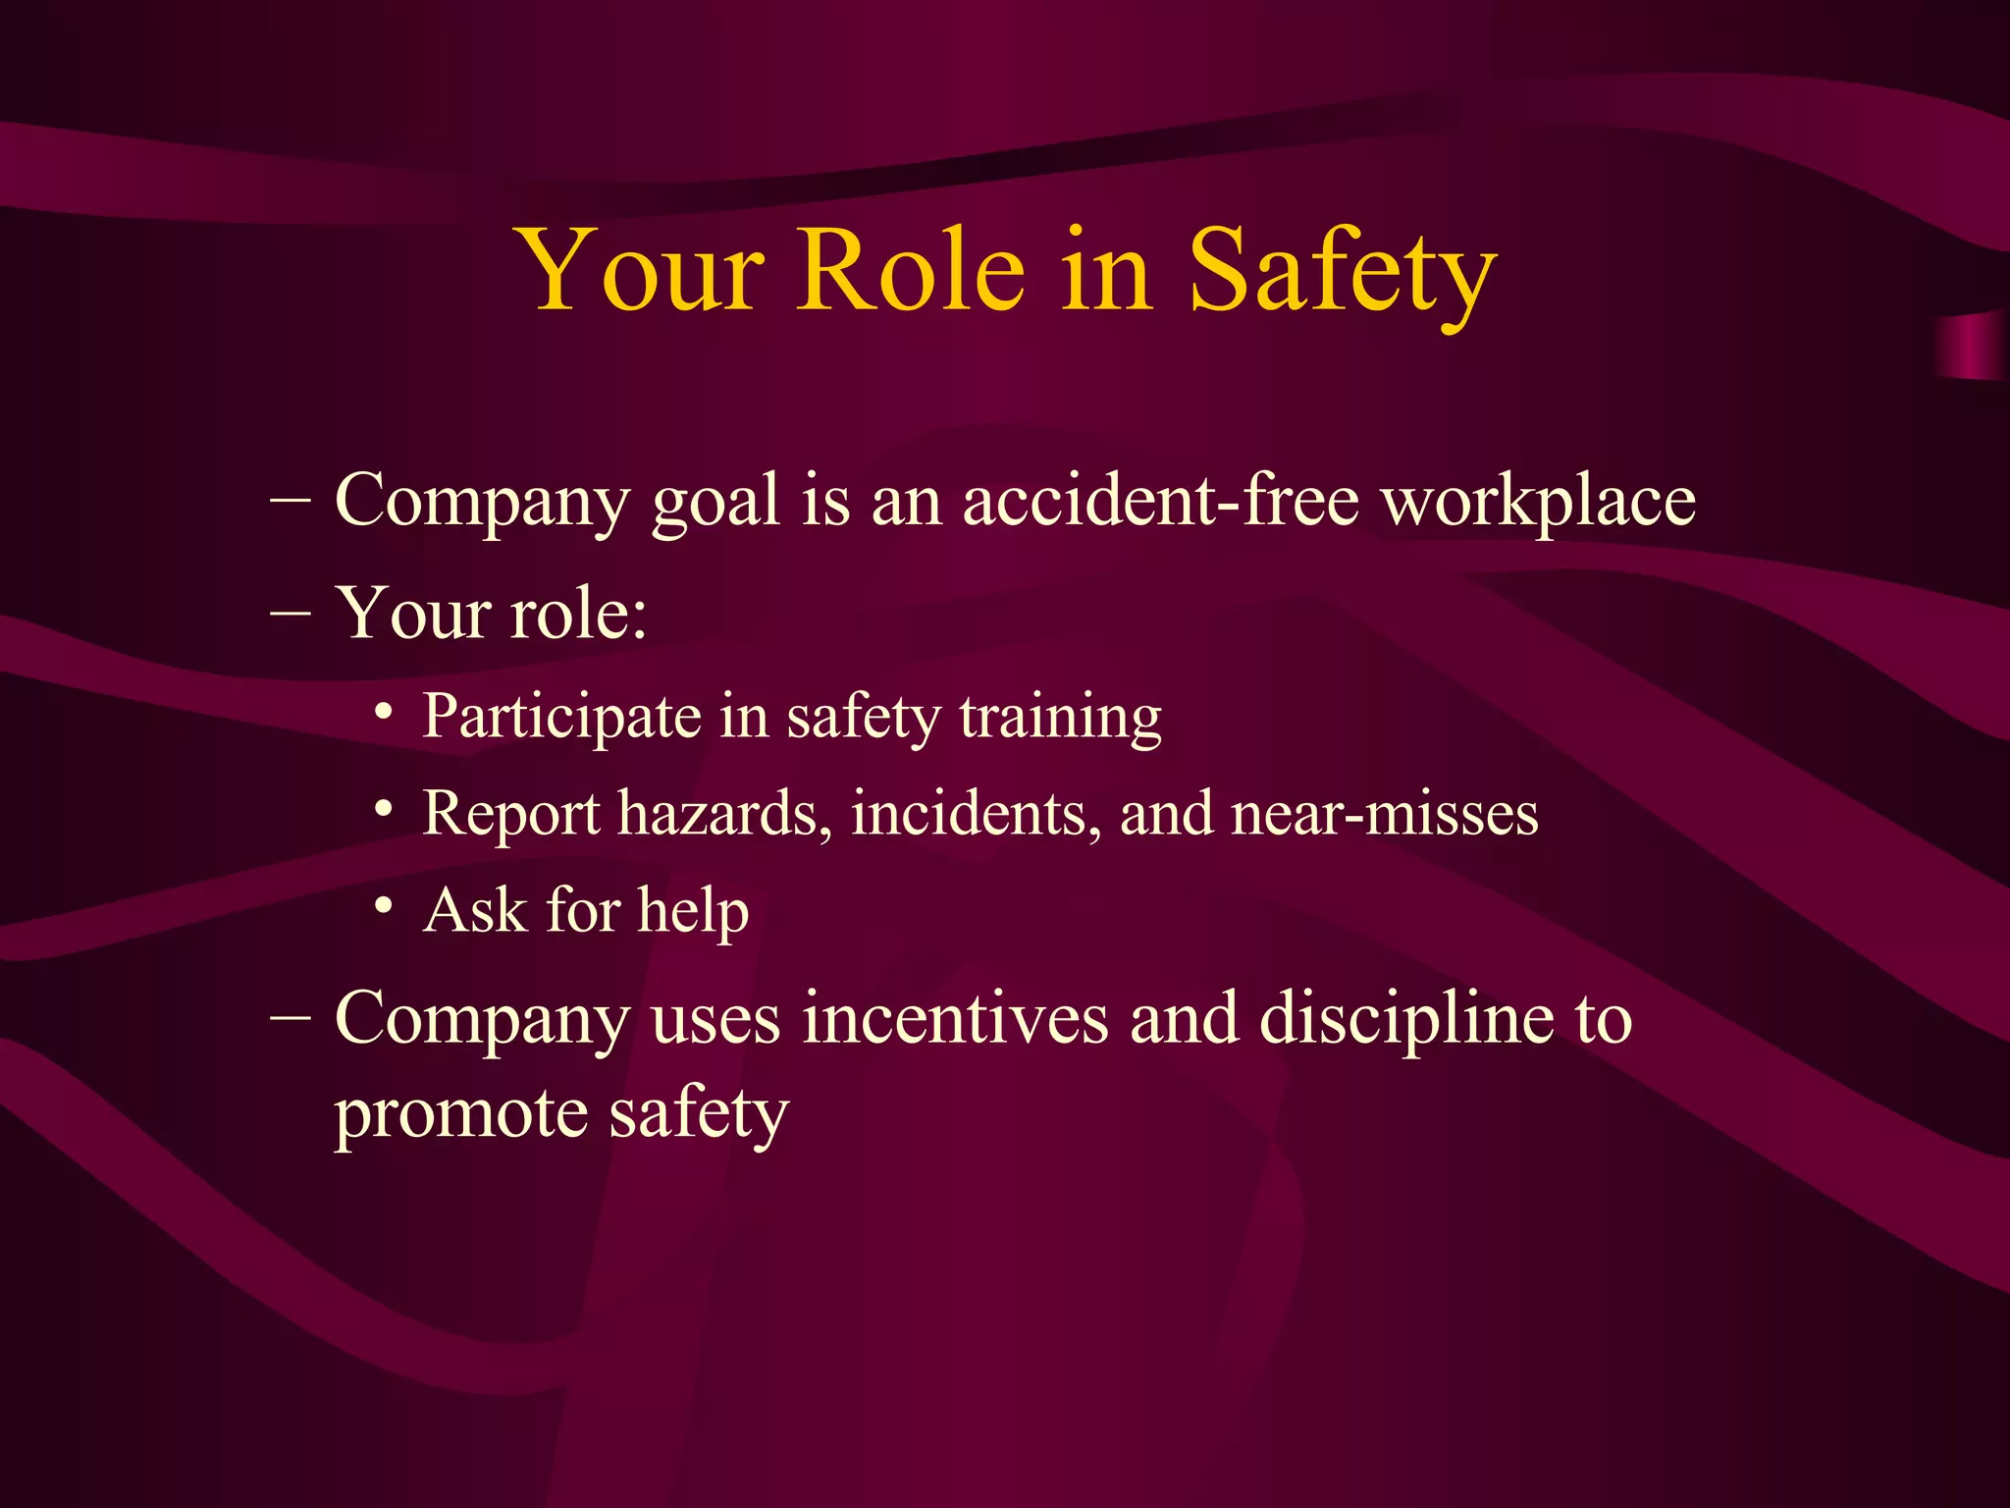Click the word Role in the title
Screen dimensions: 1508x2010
912,269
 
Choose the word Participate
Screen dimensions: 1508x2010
561,718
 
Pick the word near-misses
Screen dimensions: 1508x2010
1384,814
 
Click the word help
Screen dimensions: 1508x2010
693,912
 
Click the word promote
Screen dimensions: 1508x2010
460,1115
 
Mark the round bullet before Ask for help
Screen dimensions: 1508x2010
385,905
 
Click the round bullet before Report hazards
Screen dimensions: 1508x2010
385,809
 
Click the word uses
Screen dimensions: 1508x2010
715,1020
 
